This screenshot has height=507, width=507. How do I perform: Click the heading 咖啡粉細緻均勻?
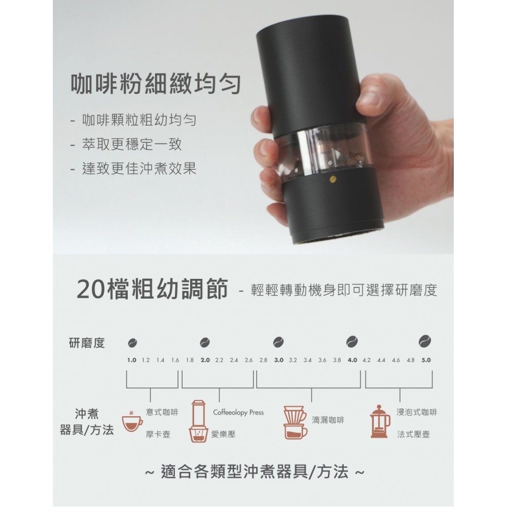(156, 84)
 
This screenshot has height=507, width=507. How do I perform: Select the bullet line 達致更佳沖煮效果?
(139, 168)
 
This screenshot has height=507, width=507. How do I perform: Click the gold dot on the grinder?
(333, 179)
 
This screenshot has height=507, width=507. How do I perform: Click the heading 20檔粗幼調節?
(152, 289)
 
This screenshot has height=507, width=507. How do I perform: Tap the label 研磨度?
(87, 343)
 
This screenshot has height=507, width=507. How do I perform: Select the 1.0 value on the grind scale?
(132, 360)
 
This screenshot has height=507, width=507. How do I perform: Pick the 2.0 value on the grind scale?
(205, 360)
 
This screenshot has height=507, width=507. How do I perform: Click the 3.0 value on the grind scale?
(278, 360)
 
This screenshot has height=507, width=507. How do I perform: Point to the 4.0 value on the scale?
(352, 360)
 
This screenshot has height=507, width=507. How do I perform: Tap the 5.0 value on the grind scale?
(425, 360)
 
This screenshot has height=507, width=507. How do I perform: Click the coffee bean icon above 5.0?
(425, 340)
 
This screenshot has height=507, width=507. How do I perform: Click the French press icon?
(380, 421)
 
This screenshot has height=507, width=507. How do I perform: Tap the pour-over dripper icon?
(295, 422)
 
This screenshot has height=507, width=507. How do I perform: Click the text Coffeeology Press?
(238, 412)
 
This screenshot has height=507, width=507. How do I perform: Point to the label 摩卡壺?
(158, 434)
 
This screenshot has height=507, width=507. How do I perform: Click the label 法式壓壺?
(413, 434)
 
